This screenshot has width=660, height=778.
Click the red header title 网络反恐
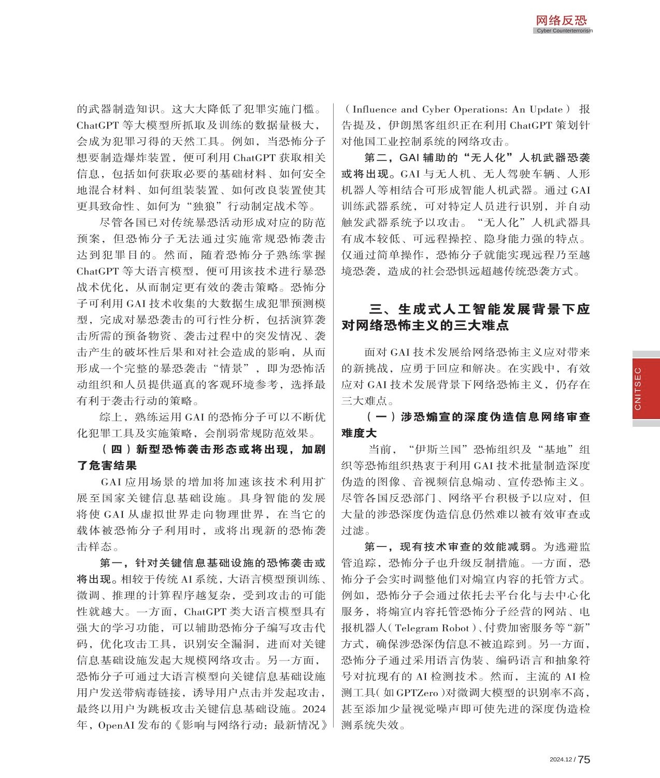coord(561,20)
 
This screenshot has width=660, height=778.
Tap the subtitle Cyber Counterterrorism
coord(564,31)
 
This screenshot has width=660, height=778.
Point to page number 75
coord(584,759)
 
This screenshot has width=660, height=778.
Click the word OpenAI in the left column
coord(117,725)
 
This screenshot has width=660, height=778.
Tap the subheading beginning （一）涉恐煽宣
coord(465,425)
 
